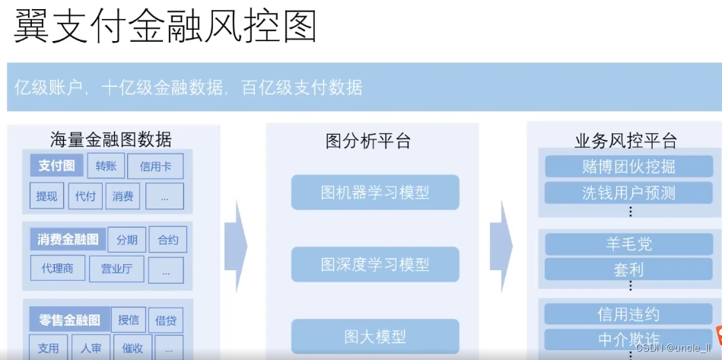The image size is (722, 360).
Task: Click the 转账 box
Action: tap(106, 166)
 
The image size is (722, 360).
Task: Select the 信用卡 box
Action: tap(155, 167)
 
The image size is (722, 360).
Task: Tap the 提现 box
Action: tap(46, 196)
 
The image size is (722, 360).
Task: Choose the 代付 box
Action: tap(85, 196)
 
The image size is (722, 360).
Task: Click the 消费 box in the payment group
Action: tap(123, 196)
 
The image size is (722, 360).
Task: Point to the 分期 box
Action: tap(127, 240)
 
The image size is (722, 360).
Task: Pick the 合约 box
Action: tap(167, 240)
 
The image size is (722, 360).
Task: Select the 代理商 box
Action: tap(58, 268)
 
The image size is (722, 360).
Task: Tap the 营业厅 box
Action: tap(116, 269)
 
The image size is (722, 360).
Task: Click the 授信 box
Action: tap(129, 320)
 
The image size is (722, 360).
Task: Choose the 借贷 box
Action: tap(167, 320)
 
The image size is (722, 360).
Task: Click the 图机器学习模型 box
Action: tap(375, 193)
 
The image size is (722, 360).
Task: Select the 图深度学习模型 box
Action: tap(375, 264)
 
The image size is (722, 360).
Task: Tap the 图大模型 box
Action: tap(375, 336)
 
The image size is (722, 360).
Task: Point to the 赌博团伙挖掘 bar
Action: tap(628, 167)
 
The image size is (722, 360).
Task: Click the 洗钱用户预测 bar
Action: tap(628, 192)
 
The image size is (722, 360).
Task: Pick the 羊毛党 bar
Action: tap(628, 244)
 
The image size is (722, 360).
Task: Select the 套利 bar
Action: tap(628, 269)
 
